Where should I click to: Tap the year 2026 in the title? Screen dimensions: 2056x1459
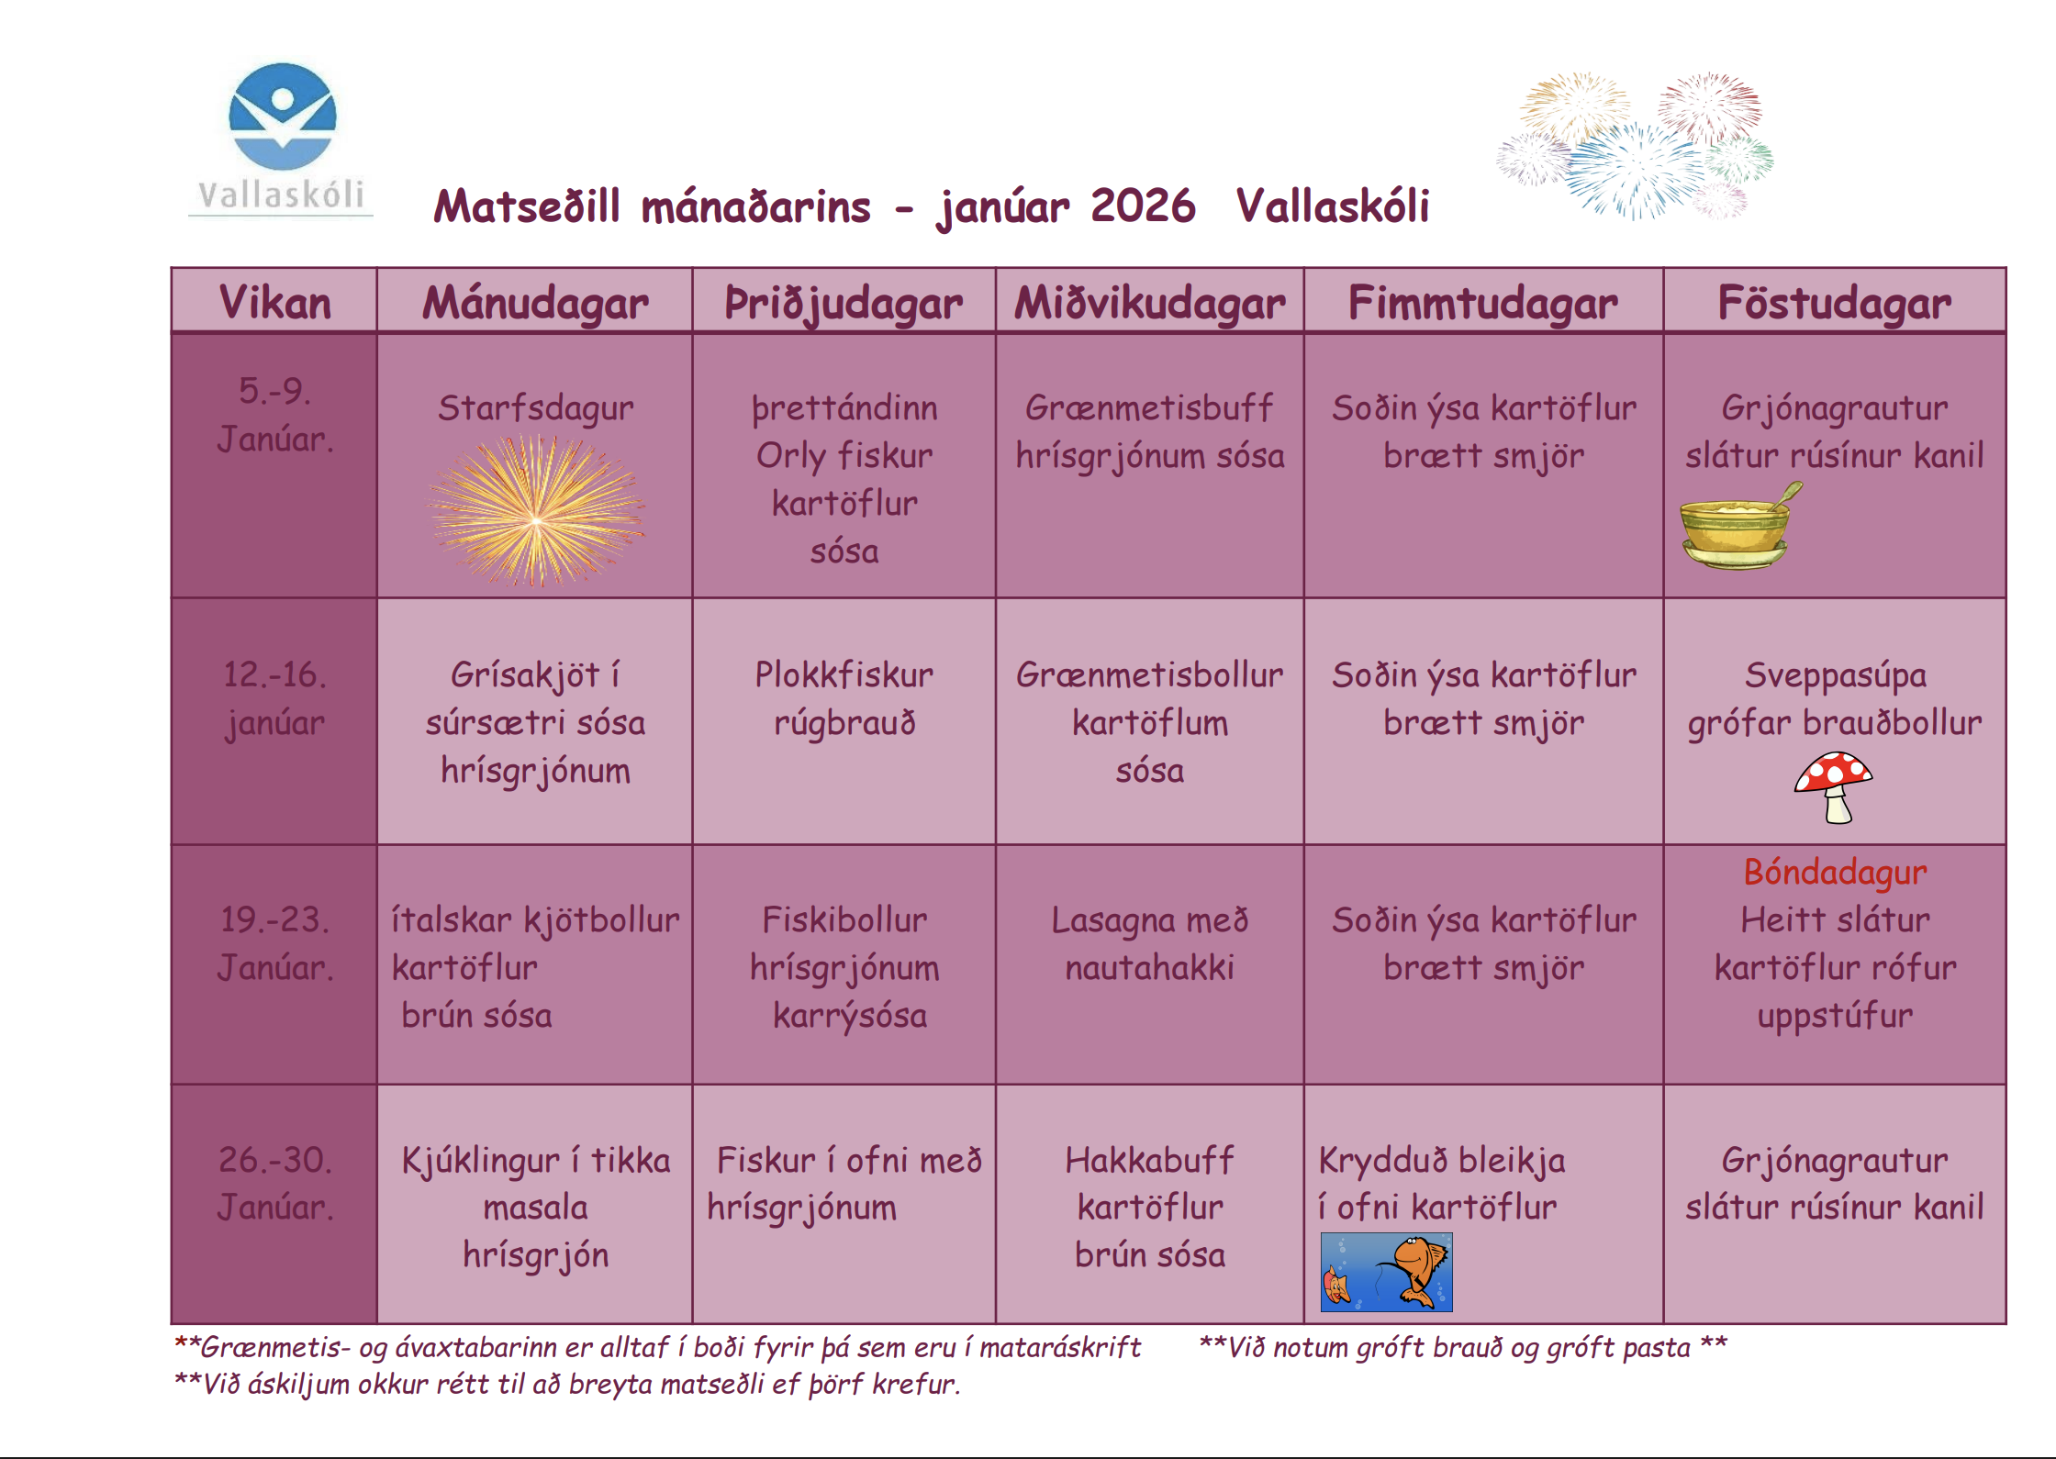click(1143, 206)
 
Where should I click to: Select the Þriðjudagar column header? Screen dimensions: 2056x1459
click(844, 303)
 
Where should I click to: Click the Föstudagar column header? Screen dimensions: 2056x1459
click(1834, 303)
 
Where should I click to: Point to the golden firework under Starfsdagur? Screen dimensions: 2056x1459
click(537, 511)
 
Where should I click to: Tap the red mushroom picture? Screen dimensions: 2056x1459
click(1834, 787)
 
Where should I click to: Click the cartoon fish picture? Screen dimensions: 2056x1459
click(1386, 1272)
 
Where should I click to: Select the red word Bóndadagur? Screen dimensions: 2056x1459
click(1835, 872)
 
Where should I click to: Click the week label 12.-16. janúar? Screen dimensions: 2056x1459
click(274, 699)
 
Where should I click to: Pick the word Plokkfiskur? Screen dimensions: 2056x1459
click(844, 675)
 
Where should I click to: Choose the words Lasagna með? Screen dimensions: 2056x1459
click(1149, 920)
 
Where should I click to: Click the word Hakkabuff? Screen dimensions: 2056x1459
click(1149, 1160)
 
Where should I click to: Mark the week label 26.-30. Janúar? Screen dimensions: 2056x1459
click(274, 1184)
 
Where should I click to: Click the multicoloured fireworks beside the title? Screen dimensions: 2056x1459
click(1635, 145)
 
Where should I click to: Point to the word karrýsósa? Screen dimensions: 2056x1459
click(850, 1016)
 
